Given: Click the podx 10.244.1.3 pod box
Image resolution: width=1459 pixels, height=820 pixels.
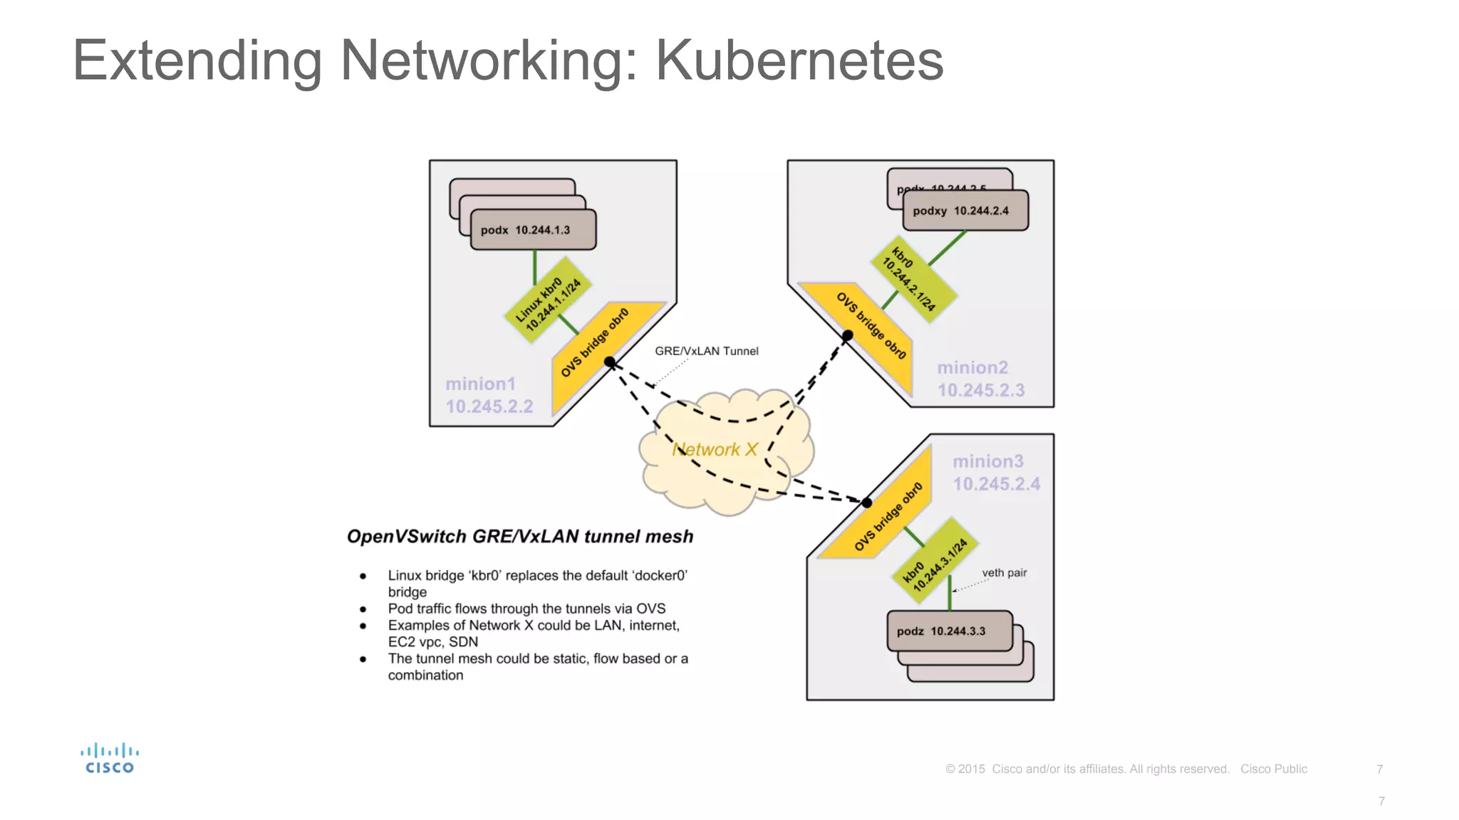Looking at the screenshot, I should point(533,230).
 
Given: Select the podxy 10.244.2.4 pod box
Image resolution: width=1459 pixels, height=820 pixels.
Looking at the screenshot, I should point(965,211).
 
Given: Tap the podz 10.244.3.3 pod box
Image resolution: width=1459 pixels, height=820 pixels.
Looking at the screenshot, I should point(949,631).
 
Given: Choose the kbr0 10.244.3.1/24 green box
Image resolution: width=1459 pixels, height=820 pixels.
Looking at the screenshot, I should point(935,564).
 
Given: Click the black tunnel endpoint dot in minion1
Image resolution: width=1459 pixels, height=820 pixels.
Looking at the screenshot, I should point(610,362).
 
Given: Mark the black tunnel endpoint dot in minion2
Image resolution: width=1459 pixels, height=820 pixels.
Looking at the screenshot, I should point(848,335).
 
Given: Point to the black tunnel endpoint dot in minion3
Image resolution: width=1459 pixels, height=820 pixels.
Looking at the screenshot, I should point(867,503).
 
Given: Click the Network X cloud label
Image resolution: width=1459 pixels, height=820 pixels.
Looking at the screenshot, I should point(715,450).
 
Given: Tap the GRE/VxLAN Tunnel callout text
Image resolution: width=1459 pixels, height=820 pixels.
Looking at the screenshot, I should point(706,351).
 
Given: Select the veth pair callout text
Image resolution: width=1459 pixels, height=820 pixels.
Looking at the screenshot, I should point(1004,573).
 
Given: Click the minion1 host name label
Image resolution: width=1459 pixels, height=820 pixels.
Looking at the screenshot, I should point(480,384).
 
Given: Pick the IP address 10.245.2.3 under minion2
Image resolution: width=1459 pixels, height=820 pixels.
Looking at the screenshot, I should point(980,390).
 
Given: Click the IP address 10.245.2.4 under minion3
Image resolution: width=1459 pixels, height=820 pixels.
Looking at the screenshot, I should point(996,484).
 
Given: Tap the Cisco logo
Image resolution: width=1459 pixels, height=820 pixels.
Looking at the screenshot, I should point(110,758).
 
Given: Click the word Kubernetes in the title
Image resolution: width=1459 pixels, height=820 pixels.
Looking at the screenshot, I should point(799,61).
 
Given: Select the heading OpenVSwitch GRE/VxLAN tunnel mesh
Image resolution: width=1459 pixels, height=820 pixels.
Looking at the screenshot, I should point(519,537).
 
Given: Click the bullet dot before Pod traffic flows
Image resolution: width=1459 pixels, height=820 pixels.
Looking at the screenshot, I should point(363,609).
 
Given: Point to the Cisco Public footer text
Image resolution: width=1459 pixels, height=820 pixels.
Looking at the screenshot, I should point(1273,769).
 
